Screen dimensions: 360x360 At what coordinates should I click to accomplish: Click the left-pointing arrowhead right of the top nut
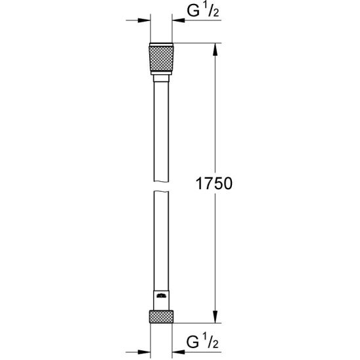pyautogui.click(x=181, y=20)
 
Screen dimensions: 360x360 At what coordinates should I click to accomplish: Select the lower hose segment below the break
pyautogui.click(x=162, y=243)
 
